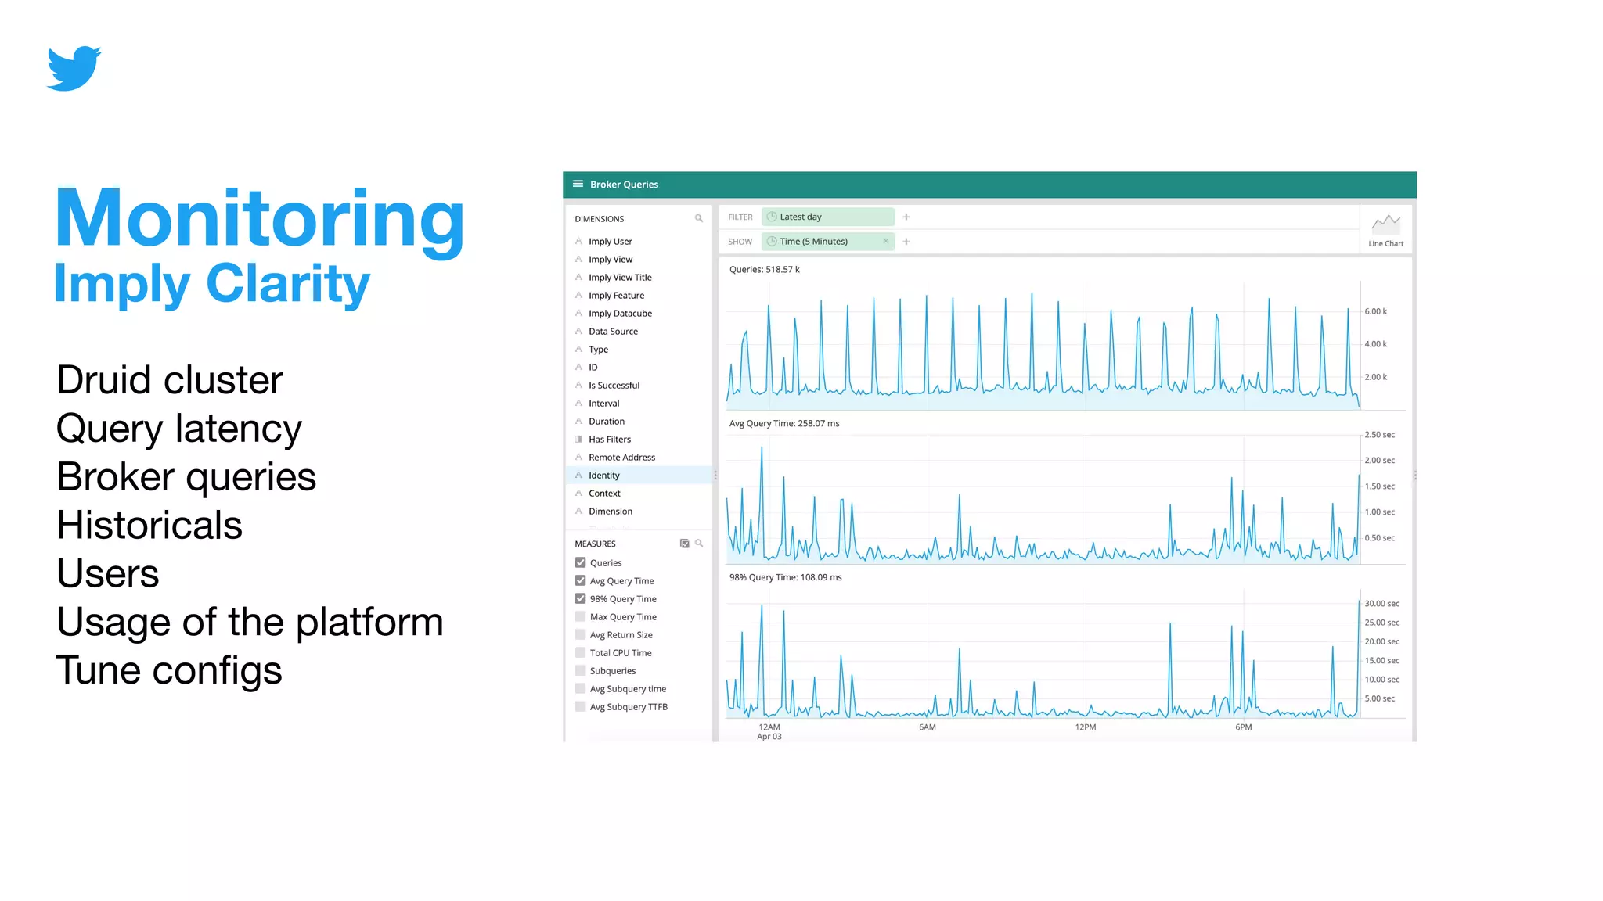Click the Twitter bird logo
click(74, 68)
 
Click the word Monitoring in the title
click(259, 220)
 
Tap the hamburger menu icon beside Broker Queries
click(578, 185)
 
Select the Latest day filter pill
click(827, 217)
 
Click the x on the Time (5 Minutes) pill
click(885, 242)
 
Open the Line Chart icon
click(1385, 224)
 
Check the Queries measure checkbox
click(580, 562)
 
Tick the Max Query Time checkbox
click(580, 616)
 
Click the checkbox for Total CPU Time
click(580, 652)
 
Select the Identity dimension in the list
click(604, 476)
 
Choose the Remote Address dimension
click(621, 458)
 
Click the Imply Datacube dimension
click(620, 314)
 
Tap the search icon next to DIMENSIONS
click(698, 219)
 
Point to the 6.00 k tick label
click(1375, 311)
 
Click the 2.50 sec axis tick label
click(1379, 435)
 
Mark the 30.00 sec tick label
click(1381, 604)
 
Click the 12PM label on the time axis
click(1085, 727)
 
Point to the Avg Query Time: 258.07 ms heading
click(783, 424)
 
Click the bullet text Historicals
click(149, 525)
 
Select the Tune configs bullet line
click(169, 670)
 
